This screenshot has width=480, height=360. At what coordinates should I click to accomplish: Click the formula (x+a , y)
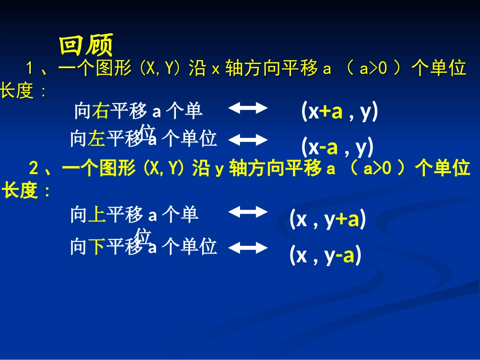[340, 112]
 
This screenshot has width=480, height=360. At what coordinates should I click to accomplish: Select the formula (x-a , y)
[338, 147]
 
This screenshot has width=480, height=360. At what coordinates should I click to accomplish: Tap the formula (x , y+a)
[327, 220]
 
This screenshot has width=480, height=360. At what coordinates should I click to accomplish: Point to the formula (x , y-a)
[325, 255]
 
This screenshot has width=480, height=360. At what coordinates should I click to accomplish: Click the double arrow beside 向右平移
[248, 108]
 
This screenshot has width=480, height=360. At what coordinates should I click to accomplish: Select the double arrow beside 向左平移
[248, 139]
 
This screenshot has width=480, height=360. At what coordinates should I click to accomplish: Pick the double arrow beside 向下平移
[248, 247]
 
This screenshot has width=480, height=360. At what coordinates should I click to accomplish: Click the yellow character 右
[101, 111]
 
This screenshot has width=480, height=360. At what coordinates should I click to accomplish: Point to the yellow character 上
[97, 216]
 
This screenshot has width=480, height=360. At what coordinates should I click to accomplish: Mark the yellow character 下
[96, 247]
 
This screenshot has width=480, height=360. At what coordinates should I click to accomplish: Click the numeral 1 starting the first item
[29, 68]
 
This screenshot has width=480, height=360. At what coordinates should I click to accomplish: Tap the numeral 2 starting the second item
[34, 168]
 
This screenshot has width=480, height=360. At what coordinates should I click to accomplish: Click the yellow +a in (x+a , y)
[331, 112]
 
